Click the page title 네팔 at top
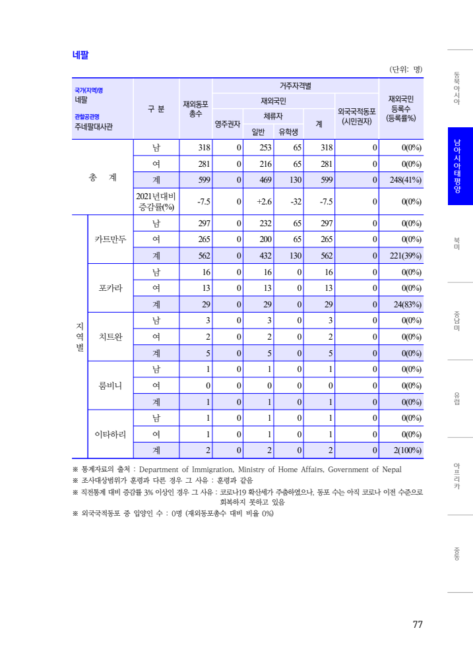pos(80,55)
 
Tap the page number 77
pos(417,625)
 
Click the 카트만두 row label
pos(110,239)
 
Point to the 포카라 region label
pos(110,288)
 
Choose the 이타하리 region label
pos(110,434)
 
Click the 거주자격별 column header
pos(295,86)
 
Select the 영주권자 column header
pos(228,123)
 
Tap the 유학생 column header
pos(288,131)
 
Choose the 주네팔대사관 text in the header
pos(93,127)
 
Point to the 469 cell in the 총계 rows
pos(265,179)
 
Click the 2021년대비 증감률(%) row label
pos(156,201)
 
